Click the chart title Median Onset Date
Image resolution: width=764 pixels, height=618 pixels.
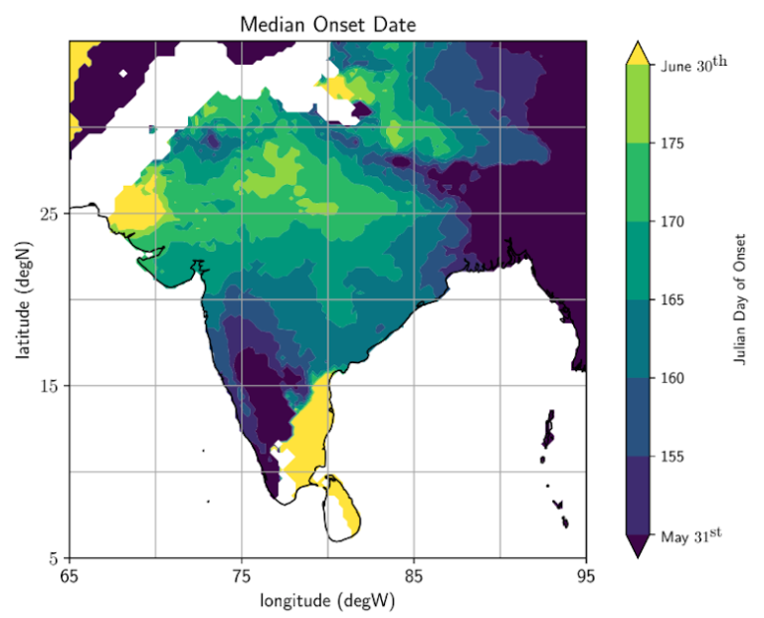[x=327, y=24]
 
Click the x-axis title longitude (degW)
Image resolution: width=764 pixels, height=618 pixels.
[x=327, y=600]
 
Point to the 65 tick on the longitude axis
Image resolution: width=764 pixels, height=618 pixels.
[x=69, y=574]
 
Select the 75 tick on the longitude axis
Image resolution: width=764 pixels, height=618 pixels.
[x=241, y=574]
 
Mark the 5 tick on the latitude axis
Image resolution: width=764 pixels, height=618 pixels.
[x=52, y=557]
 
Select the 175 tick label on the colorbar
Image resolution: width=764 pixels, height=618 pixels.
[x=674, y=143]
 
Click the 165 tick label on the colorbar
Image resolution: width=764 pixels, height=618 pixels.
[x=674, y=300]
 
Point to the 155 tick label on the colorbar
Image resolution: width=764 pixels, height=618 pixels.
[x=674, y=457]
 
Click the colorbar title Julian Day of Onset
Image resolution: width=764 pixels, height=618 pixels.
[x=739, y=300]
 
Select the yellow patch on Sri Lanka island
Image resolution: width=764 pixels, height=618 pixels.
[x=347, y=515]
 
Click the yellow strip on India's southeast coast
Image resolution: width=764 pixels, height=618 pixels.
[x=311, y=428]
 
